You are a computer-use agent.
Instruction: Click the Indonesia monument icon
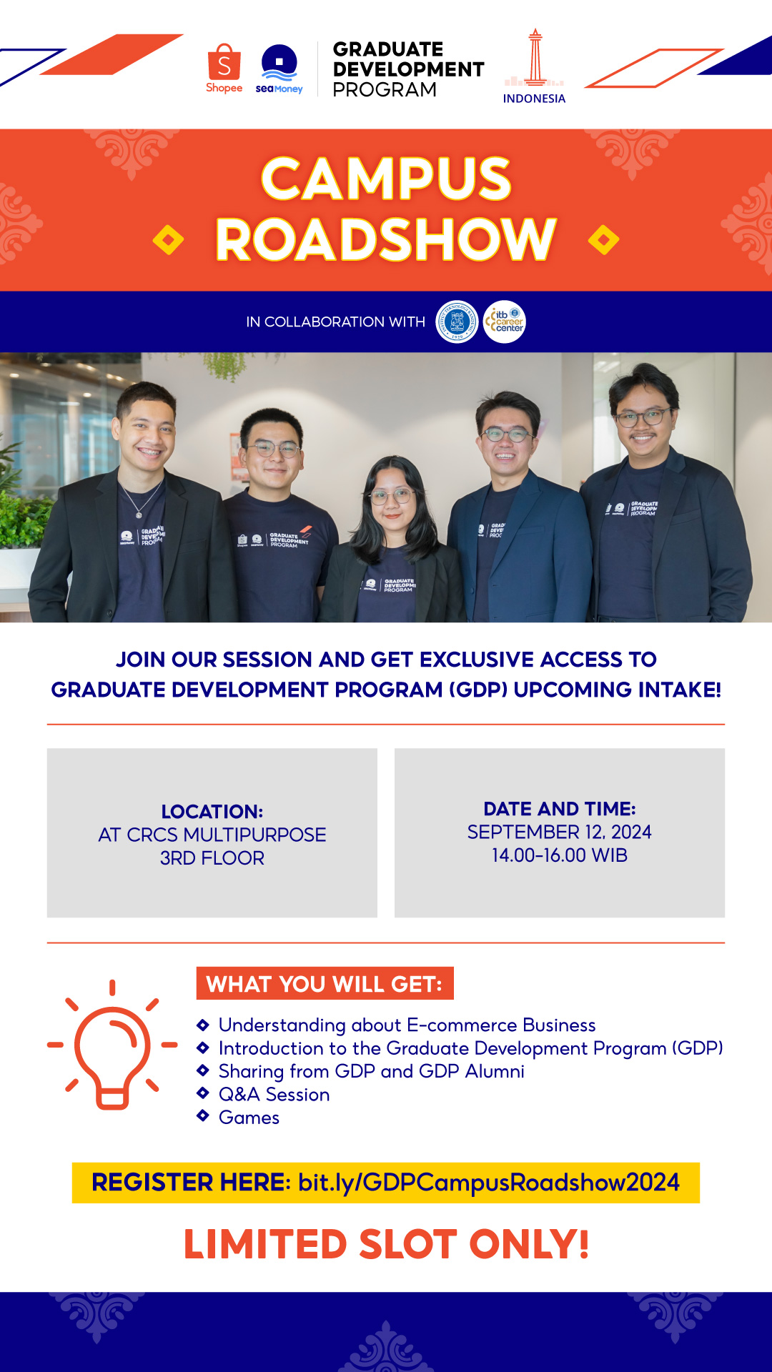[535, 58]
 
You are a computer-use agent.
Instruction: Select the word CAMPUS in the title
[386, 179]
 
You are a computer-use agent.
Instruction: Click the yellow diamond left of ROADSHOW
[168, 240]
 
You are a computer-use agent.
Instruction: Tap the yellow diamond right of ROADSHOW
[604, 240]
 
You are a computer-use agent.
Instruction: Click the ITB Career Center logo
[505, 322]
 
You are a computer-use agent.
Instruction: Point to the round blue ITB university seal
[457, 322]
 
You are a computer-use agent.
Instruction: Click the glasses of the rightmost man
[644, 417]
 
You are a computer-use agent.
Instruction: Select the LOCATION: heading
[212, 812]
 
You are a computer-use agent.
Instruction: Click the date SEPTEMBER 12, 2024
[560, 832]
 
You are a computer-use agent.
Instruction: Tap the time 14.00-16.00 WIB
[560, 855]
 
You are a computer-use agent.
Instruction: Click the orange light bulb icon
[112, 1045]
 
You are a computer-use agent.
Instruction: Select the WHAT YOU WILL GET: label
[325, 984]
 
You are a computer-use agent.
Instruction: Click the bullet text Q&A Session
[274, 1095]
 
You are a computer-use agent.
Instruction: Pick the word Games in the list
[249, 1118]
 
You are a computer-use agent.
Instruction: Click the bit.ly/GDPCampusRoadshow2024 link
[489, 1183]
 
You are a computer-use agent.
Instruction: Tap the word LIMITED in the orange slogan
[265, 1245]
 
